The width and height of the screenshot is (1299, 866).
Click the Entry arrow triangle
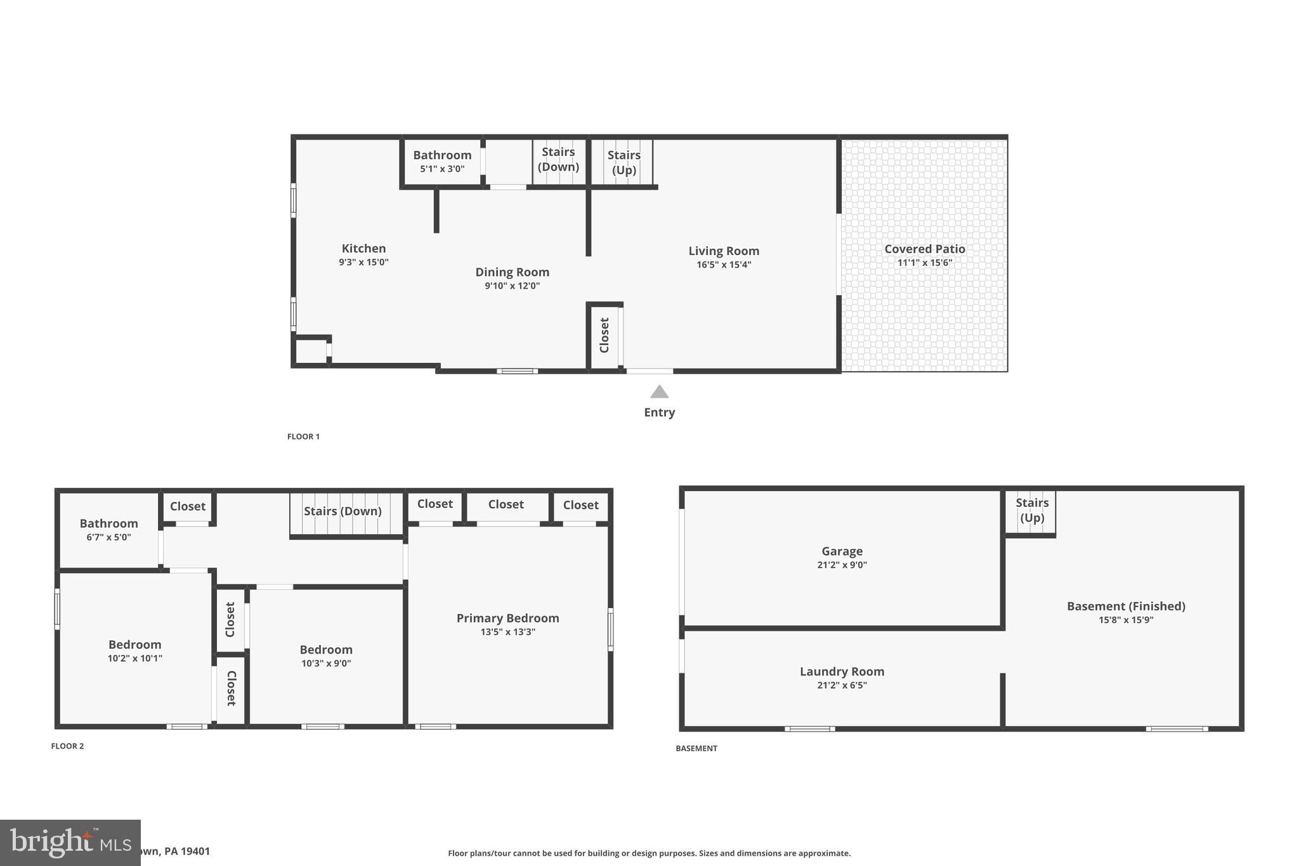(659, 392)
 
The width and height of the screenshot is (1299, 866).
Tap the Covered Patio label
(924, 249)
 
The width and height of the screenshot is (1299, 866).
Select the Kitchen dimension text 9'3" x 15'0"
(363, 262)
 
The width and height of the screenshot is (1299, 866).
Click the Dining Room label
(512, 272)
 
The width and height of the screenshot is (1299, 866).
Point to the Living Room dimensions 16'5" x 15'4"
(723, 265)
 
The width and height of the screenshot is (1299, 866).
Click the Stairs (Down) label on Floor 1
(558, 159)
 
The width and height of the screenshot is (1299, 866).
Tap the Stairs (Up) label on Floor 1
(623, 162)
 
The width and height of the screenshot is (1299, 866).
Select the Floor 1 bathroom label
(442, 155)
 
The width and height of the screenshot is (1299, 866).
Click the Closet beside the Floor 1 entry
(604, 335)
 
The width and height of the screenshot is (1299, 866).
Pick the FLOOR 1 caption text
(303, 436)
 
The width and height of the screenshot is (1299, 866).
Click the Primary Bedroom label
(507, 618)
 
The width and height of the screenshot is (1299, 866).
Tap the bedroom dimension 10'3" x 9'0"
(326, 664)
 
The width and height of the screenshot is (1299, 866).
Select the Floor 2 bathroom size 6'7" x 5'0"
(108, 537)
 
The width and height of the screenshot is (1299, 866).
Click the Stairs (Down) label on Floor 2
(343, 511)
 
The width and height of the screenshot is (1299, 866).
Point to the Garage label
(842, 551)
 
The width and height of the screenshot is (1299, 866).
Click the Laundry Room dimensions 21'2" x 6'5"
(842, 685)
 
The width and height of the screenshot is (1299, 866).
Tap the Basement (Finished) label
(1125, 606)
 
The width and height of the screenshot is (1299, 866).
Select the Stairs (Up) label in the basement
(1031, 510)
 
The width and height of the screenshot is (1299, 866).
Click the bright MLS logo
(70, 843)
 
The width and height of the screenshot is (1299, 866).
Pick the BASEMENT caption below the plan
(696, 749)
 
